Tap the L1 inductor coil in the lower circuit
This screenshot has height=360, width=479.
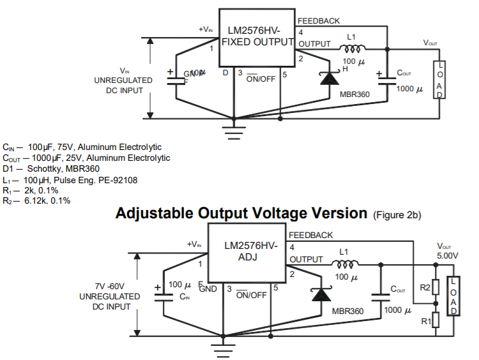(346, 264)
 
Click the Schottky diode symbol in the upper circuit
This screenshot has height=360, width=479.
(329, 78)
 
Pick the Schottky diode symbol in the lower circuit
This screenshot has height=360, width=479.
(321, 294)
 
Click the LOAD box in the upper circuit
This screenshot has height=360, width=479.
(439, 80)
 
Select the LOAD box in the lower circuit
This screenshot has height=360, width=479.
(453, 296)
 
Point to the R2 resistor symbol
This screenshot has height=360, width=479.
(435, 288)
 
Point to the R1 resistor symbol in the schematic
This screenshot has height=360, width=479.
(435, 319)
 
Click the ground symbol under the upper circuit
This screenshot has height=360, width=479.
(234, 132)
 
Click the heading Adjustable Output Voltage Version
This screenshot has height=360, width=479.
(241, 213)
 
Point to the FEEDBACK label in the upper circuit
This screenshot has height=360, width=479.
(319, 21)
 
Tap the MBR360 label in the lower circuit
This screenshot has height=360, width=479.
(347, 311)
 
